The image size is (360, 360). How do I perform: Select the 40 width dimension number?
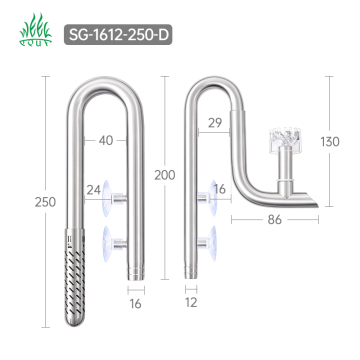click(107, 140)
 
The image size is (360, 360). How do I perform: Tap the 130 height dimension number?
click(331, 142)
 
